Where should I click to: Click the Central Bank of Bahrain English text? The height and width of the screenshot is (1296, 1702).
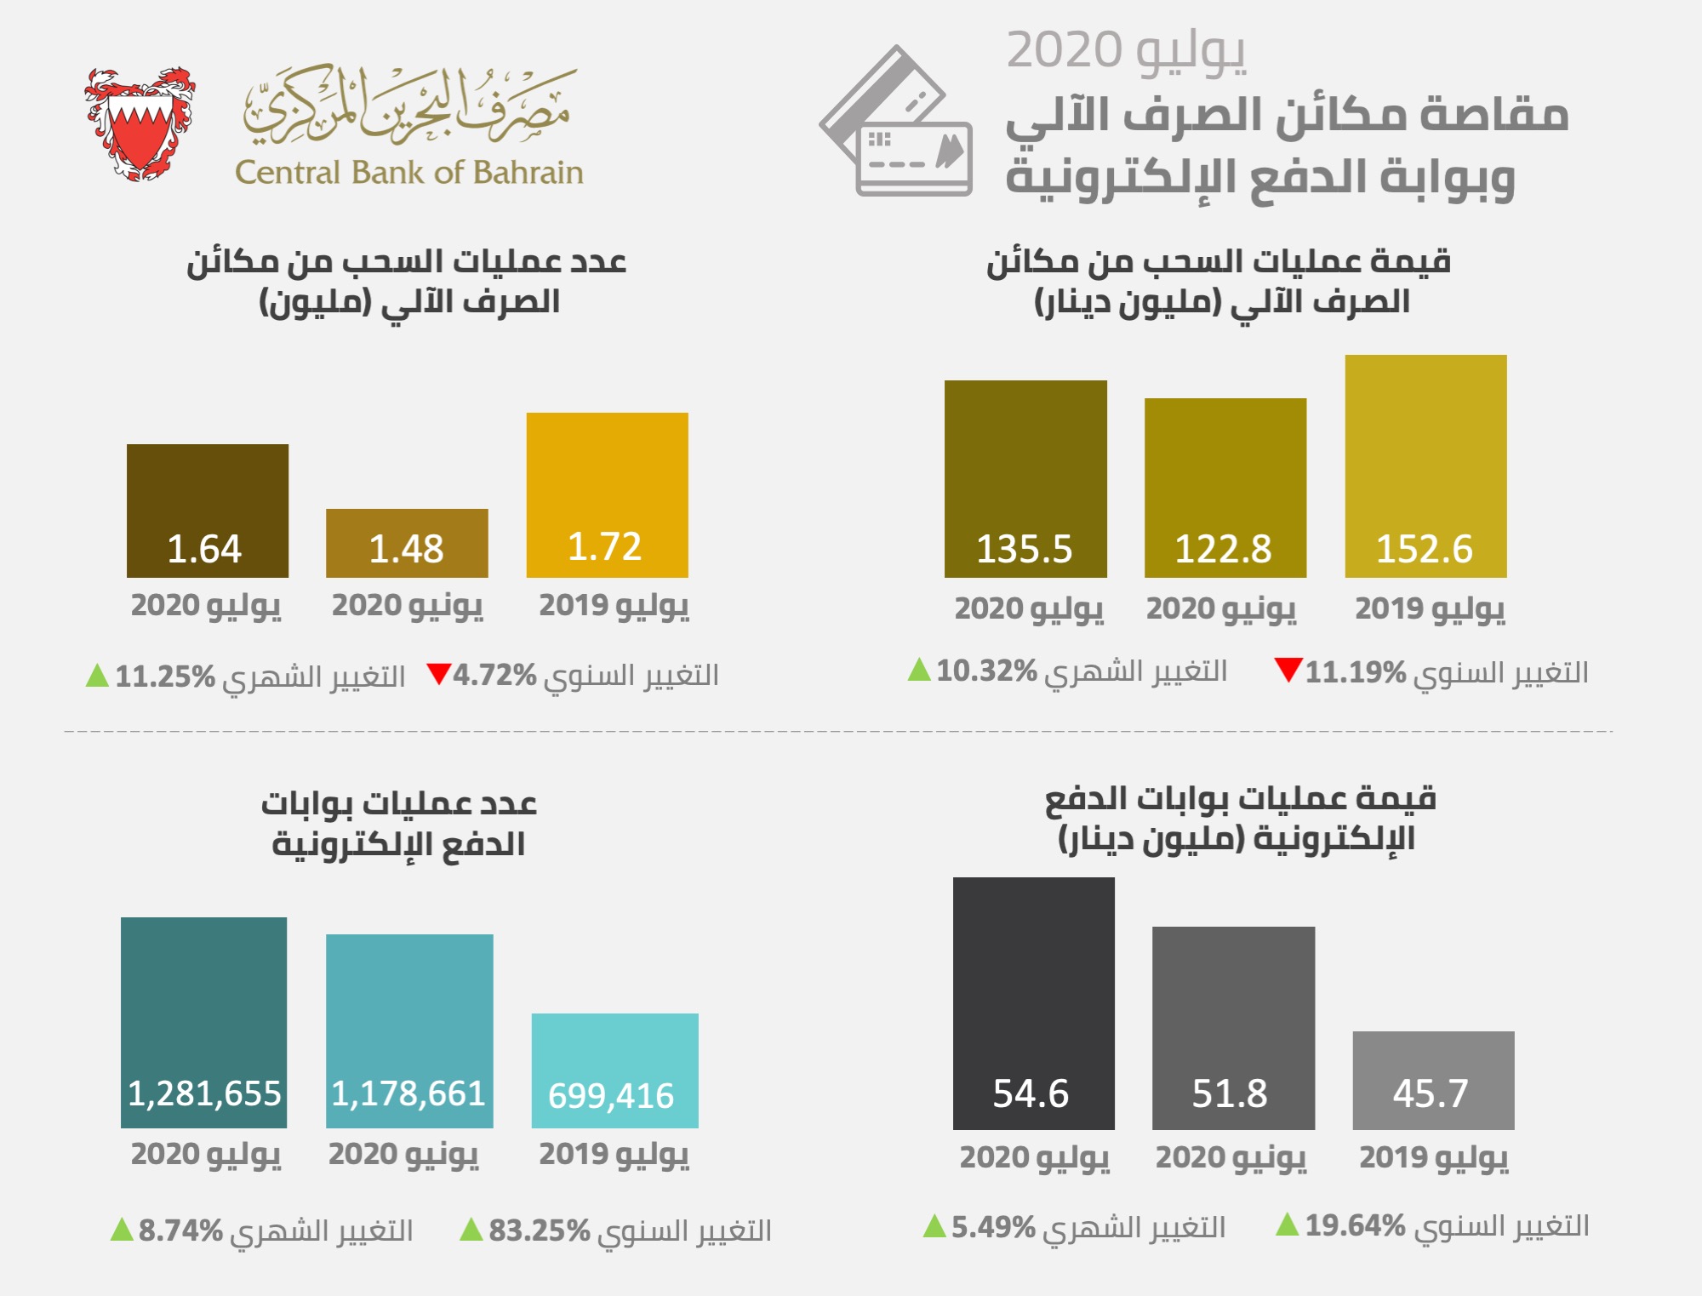pyautogui.click(x=408, y=173)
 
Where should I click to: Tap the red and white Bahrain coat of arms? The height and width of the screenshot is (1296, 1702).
pyautogui.click(x=140, y=123)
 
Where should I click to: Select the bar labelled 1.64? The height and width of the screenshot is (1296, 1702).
pyautogui.click(x=208, y=511)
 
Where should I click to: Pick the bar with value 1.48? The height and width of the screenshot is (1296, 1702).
pyautogui.click(x=407, y=543)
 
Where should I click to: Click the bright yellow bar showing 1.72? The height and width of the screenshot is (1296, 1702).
pyautogui.click(x=607, y=494)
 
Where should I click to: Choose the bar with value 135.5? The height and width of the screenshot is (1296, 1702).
pyautogui.click(x=1025, y=478)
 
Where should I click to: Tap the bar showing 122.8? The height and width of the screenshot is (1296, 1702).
pyautogui.click(x=1225, y=488)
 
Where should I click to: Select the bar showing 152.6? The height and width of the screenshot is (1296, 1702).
pyautogui.click(x=1425, y=465)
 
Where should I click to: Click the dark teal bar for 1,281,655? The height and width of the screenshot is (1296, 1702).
pyautogui.click(x=204, y=1022)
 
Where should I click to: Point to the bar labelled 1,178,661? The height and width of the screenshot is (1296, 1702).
pyautogui.click(x=409, y=1031)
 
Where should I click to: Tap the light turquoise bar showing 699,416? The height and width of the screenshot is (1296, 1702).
pyautogui.click(x=614, y=1070)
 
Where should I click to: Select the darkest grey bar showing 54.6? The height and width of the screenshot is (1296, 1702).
pyautogui.click(x=1033, y=1003)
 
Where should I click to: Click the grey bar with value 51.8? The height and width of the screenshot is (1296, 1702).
pyautogui.click(x=1233, y=1028)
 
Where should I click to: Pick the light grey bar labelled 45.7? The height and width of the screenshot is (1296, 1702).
pyautogui.click(x=1433, y=1080)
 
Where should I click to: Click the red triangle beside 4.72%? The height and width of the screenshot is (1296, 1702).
pyautogui.click(x=438, y=674)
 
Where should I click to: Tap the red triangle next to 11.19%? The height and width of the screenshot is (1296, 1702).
pyautogui.click(x=1288, y=670)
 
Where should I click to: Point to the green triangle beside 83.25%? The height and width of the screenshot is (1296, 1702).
pyautogui.click(x=471, y=1230)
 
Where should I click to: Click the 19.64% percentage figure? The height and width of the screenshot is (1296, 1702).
pyautogui.click(x=1355, y=1225)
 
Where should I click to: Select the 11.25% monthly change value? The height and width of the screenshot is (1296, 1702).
pyautogui.click(x=165, y=677)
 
